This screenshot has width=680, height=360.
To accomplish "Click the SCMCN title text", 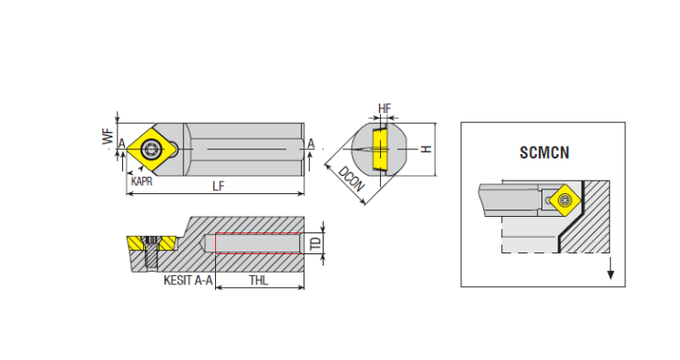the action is tap(544, 153).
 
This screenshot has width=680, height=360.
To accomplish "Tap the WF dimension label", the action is tap(108, 136).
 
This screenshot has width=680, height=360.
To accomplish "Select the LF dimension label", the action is tap(218, 186).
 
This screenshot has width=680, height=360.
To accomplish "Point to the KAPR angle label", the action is tap(142, 180).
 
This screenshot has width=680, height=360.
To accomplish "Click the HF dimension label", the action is tap(385, 108).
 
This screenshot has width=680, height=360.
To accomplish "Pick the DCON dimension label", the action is tap(350, 179).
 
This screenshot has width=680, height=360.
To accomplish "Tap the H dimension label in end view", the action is tap(427, 149).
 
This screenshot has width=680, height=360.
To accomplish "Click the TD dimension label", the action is tap(316, 243).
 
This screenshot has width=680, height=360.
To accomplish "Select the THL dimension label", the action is tap(259, 280).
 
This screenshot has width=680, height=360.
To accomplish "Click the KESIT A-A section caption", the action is tap(188, 280).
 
